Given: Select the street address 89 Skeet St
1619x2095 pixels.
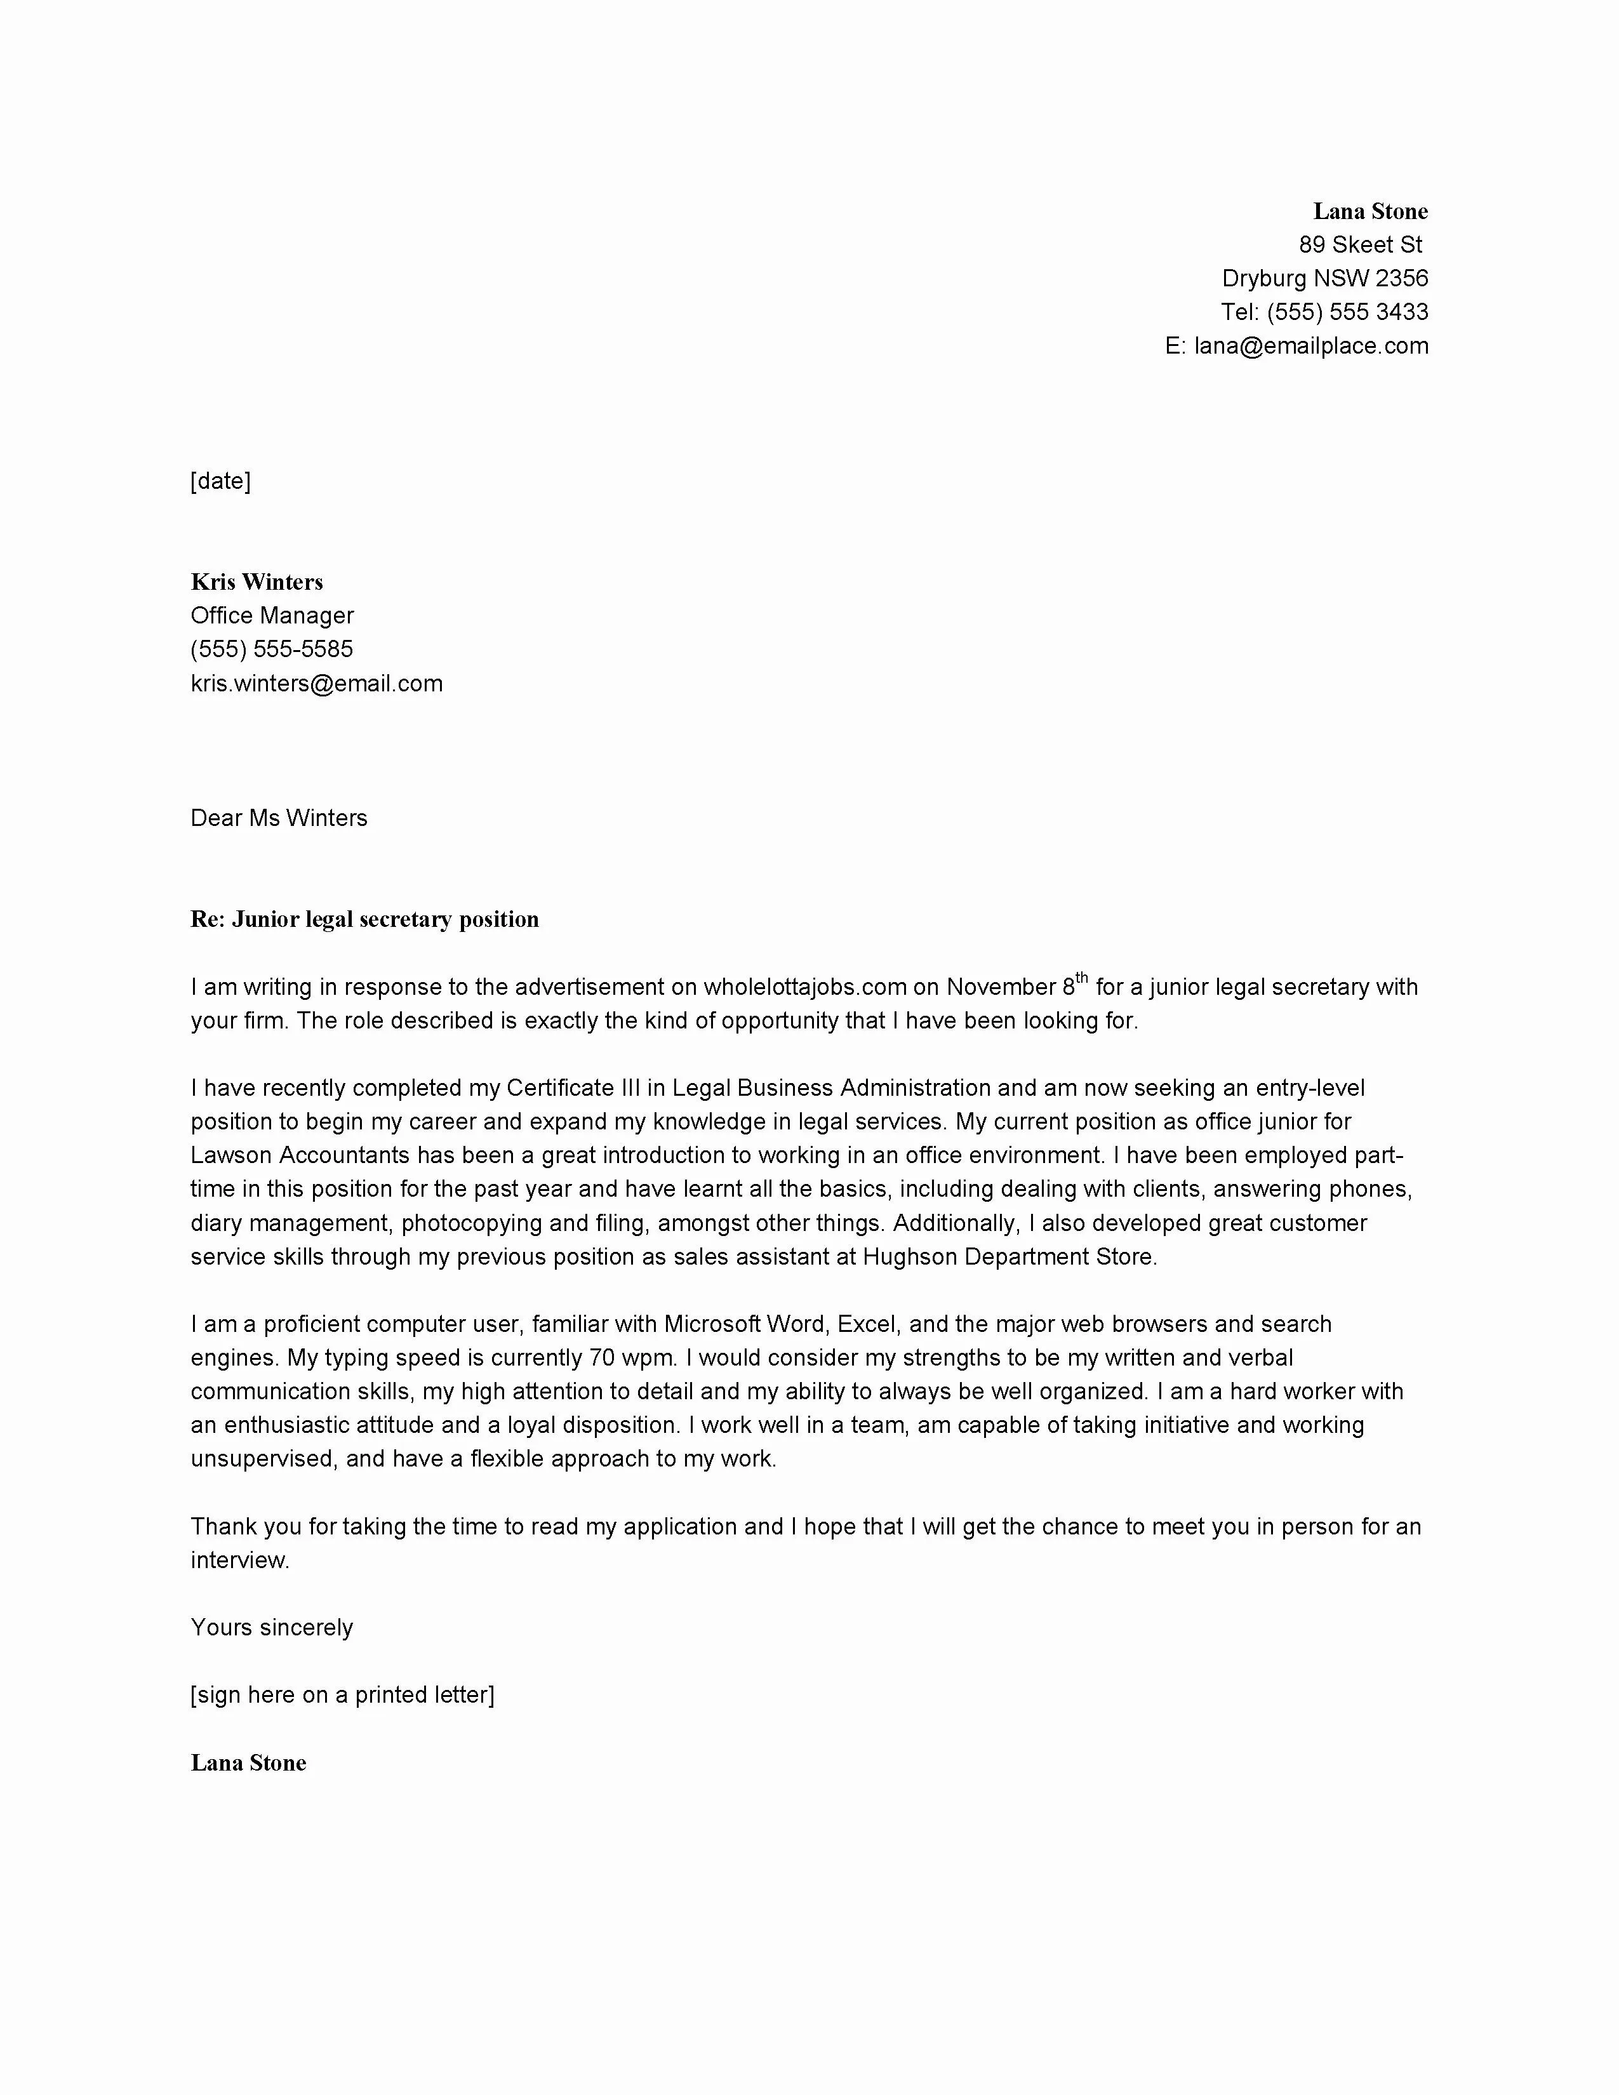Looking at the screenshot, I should pos(1360,244).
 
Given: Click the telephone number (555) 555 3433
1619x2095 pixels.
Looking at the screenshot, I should pos(1347,312).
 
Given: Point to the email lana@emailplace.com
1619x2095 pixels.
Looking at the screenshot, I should pos(1310,345).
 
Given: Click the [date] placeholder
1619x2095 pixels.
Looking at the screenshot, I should pos(220,481).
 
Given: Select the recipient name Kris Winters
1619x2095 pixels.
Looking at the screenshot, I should pos(257,582).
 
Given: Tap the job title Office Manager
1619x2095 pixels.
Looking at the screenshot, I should pos(272,615).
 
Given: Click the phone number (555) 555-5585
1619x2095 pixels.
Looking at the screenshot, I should pos(272,649).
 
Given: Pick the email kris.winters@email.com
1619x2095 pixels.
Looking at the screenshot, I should pos(317,683).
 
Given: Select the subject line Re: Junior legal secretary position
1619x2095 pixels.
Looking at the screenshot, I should pos(364,919).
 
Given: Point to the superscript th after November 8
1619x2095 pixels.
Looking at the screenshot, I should pos(1081,978).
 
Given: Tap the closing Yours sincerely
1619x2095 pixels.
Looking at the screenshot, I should pos(272,1627).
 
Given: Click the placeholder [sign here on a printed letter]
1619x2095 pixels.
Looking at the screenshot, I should pos(342,1694).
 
